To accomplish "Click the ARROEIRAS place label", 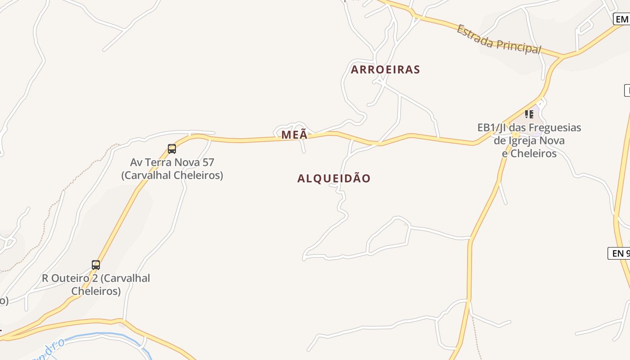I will coord(385,70).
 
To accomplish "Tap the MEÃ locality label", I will coord(294,135).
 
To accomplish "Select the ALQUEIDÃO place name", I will coord(334,178).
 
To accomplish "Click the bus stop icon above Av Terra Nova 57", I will coord(171,148).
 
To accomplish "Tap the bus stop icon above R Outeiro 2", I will coord(96,265).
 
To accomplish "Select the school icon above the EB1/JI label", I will coord(529,114).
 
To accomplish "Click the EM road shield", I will coord(622,19).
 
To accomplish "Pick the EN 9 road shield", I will coord(619,253).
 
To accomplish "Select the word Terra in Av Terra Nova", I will coord(157,162).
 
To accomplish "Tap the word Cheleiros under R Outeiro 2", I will coord(96,291).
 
